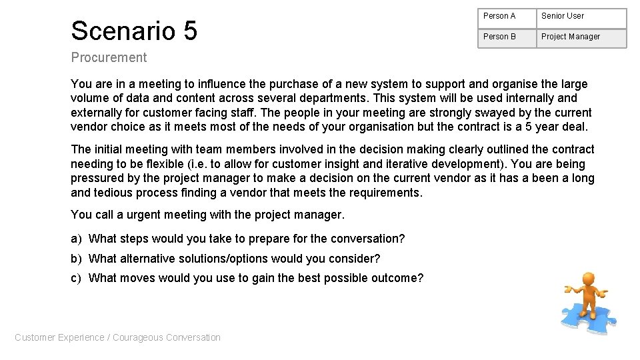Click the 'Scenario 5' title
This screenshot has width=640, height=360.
pyautogui.click(x=134, y=31)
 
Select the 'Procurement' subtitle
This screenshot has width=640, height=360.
pyautogui.click(x=109, y=57)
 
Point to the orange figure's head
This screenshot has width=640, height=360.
pyautogui.click(x=587, y=279)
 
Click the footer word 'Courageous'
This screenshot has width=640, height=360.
pyautogui.click(x=137, y=337)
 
